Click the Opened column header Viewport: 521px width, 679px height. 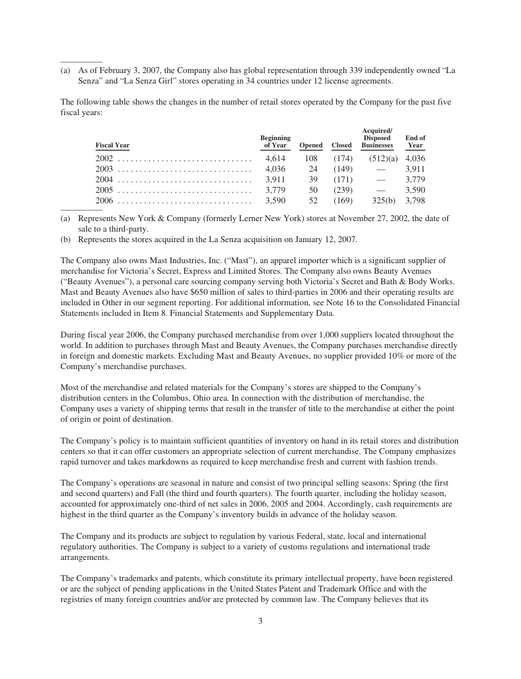click(311, 145)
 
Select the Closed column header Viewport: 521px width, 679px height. click(341, 145)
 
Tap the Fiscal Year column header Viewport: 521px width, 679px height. click(112, 145)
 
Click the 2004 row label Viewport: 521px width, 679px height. click(105, 179)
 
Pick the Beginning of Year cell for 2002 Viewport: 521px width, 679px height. click(275, 159)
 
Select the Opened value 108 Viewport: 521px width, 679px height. click(311, 159)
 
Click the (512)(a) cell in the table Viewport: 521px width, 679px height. click(379, 159)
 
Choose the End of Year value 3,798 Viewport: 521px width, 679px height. click(415, 200)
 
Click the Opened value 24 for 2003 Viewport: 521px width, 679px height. click(314, 169)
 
